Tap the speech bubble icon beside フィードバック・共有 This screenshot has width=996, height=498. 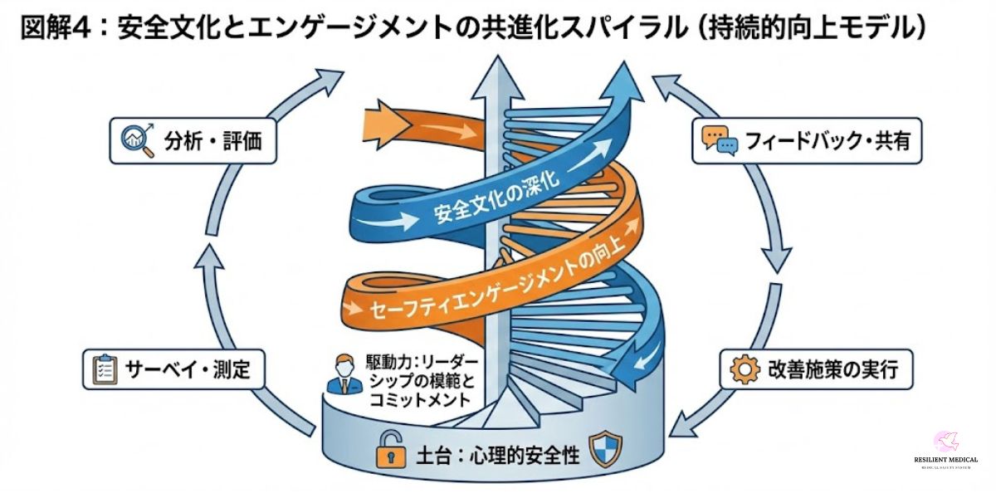(x=718, y=140)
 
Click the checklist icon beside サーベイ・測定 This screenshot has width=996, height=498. (x=105, y=369)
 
